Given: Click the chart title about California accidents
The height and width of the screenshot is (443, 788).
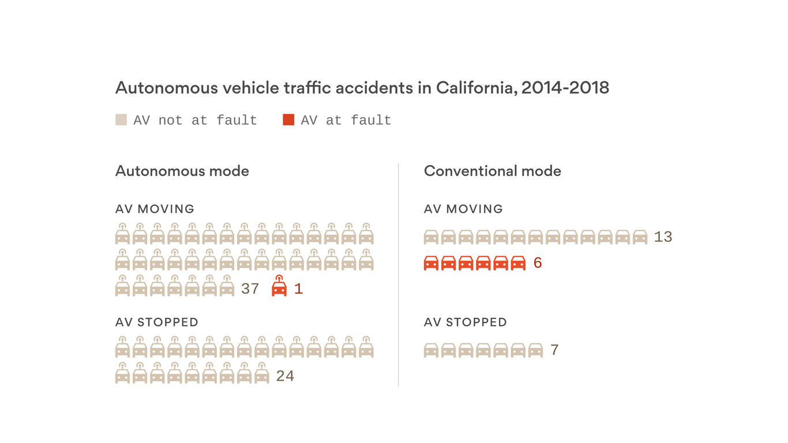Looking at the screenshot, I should point(362,88).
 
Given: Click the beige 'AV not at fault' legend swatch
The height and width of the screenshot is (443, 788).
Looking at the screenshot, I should point(121,120).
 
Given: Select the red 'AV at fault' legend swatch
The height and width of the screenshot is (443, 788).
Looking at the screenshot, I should point(288,120).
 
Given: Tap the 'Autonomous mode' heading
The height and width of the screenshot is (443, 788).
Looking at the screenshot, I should point(182,171).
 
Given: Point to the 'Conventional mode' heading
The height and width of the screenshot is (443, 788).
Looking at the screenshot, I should point(492,171).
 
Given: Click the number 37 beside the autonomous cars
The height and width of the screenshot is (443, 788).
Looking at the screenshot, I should point(250,289).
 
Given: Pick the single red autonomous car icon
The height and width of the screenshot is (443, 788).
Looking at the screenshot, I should point(279,287).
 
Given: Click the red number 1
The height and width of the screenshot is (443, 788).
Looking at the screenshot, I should point(298,289).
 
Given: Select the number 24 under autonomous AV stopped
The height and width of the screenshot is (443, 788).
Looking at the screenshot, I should point(285,376).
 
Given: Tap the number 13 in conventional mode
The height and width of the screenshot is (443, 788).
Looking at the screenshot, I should point(663,237).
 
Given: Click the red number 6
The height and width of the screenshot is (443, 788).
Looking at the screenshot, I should point(538,264).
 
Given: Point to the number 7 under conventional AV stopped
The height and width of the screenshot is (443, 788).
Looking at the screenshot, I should point(554,350).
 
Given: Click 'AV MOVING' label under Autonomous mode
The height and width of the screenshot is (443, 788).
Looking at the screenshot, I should point(155,209).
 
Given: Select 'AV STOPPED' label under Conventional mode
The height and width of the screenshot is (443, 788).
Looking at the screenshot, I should point(465,322).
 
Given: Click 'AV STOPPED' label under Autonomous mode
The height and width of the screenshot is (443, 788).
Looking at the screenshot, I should point(156,322).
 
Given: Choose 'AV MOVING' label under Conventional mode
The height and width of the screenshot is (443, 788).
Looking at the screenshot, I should point(463,209).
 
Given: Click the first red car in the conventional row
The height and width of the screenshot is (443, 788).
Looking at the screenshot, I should point(431,263).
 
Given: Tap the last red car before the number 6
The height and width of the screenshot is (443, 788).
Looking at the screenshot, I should point(518,263).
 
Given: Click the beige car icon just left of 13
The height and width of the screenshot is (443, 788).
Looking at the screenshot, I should point(640,237).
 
